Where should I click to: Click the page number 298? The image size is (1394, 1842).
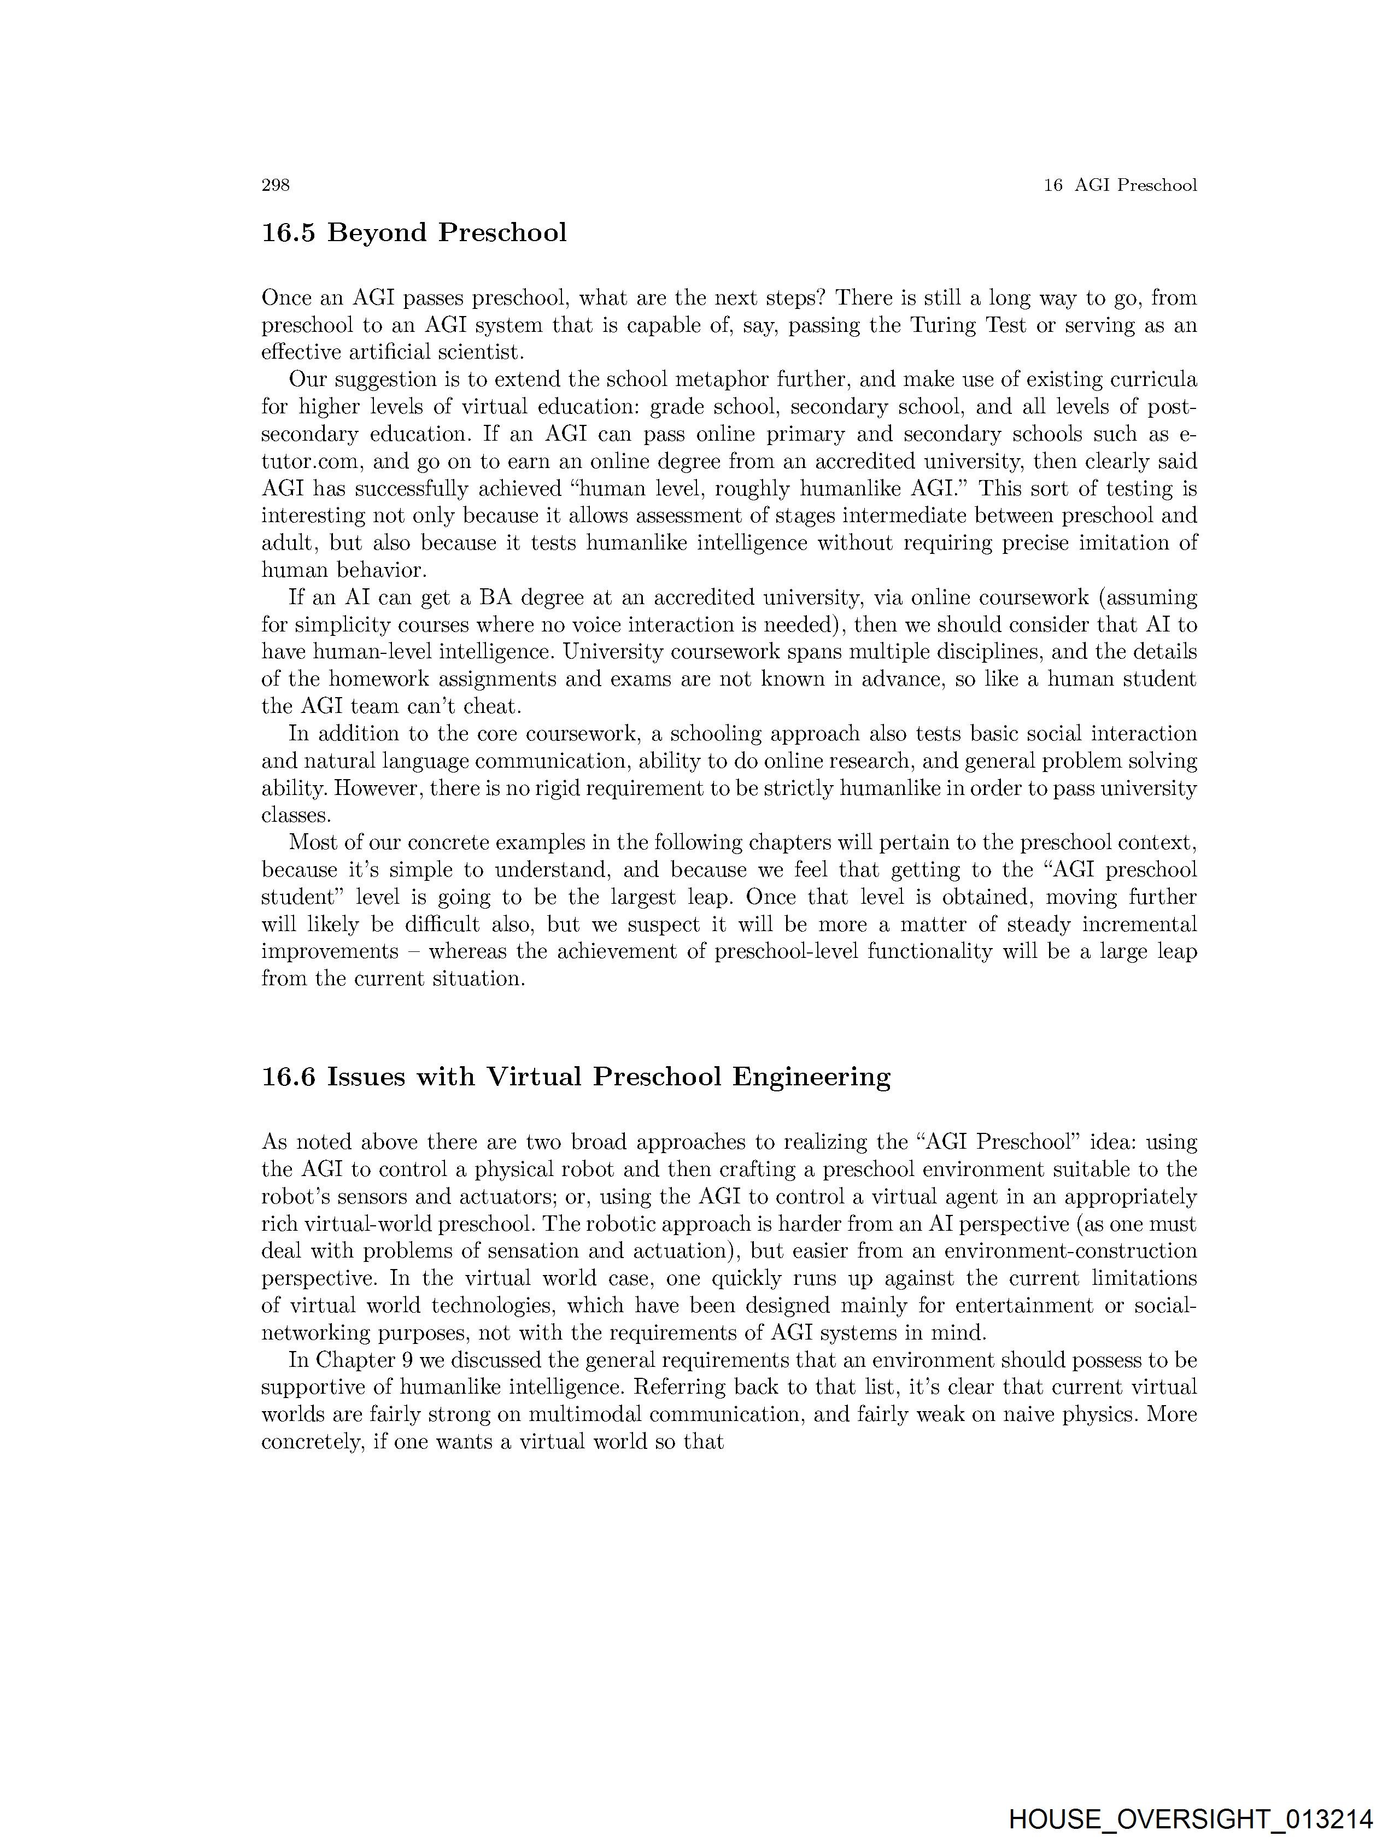click(x=276, y=185)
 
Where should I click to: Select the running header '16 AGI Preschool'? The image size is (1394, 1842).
click(x=1120, y=185)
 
